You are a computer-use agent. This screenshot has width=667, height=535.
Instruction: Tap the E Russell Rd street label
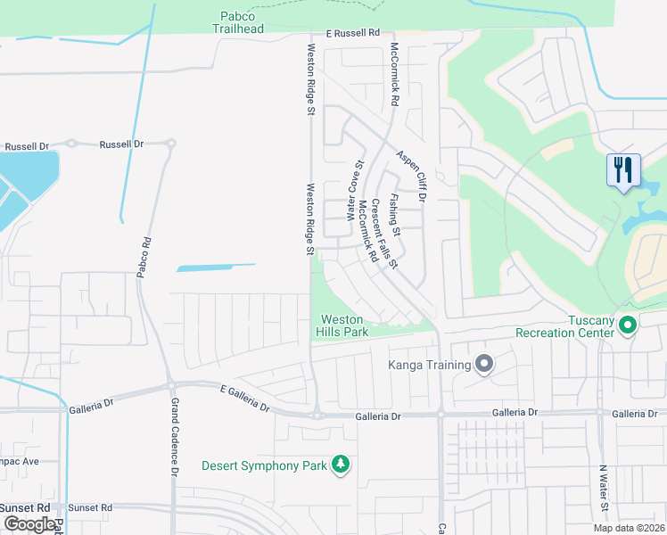353,33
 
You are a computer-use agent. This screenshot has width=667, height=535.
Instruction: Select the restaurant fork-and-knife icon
622,169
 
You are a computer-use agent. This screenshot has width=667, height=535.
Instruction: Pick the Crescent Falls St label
384,234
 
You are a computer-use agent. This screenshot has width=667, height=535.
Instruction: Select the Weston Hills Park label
342,325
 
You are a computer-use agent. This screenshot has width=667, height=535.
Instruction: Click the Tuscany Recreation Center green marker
627,325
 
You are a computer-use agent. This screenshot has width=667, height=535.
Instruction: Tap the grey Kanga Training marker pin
484,364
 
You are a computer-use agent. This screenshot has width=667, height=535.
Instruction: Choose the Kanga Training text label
428,364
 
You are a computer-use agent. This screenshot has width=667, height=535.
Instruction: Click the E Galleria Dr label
244,398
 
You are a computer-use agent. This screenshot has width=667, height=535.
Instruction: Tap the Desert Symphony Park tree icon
339,465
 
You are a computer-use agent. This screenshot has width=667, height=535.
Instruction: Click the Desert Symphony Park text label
263,465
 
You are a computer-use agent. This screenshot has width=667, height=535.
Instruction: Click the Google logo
29,524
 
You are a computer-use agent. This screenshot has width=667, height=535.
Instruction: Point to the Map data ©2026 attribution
630,528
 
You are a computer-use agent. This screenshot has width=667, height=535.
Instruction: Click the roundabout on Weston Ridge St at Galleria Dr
316,414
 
